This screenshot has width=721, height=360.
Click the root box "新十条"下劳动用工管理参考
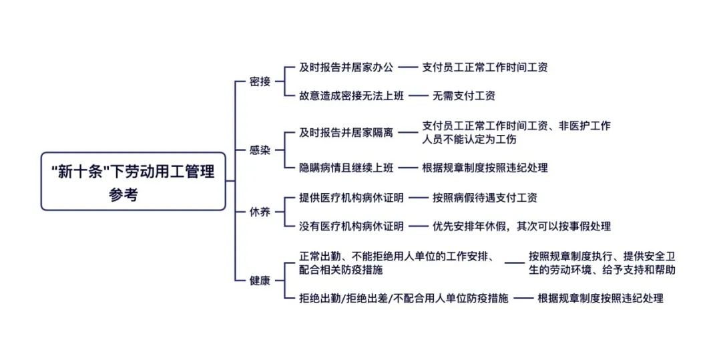tap(134, 181)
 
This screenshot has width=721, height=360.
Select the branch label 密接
tap(260, 82)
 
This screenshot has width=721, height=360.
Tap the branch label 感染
tap(260, 151)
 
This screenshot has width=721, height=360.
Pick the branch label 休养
tap(260, 212)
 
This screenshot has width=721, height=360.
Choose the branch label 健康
tap(260, 281)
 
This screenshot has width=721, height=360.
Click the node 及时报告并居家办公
tap(346, 67)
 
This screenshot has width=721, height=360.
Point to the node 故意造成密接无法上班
tap(352, 96)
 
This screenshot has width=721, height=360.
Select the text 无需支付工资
tap(463, 96)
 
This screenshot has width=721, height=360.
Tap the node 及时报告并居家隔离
tap(346, 132)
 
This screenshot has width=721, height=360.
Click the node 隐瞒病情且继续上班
tap(346, 168)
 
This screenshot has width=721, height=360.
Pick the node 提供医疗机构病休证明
tap(352, 198)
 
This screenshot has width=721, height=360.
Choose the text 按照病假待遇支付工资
tap(485, 198)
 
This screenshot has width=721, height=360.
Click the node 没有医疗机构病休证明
tap(352, 226)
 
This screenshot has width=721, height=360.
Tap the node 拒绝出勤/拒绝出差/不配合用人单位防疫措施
tap(404, 299)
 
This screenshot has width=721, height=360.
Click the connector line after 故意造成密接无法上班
tap(418, 96)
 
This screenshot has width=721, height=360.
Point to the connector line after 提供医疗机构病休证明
tap(418, 198)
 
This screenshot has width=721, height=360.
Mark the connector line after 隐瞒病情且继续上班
tap(407, 168)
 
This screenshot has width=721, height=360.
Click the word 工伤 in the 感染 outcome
tap(506, 140)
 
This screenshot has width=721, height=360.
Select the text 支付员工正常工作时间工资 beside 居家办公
tap(485, 67)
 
